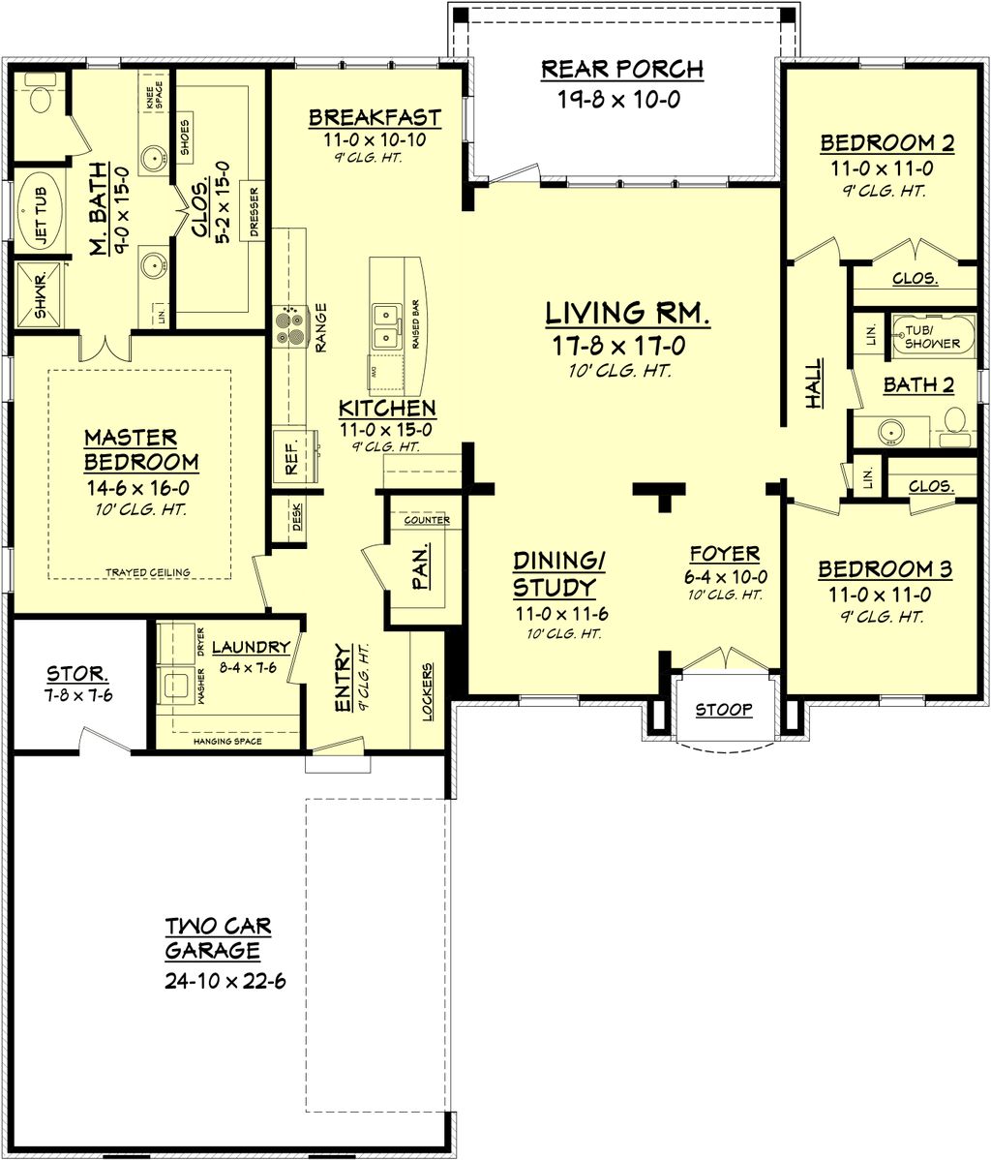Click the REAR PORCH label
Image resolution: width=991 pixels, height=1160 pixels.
[x=621, y=70]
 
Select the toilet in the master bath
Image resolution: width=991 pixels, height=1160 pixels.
[x=40, y=98]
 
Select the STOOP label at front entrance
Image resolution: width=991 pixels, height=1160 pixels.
[x=725, y=710]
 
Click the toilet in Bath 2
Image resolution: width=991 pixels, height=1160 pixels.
[x=955, y=423]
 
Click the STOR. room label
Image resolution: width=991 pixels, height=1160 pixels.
[x=77, y=673]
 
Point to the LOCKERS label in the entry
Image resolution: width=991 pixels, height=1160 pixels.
[x=428, y=691]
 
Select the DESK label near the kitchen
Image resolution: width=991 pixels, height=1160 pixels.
[x=296, y=522]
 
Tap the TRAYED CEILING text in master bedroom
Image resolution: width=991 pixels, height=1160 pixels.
[x=148, y=572]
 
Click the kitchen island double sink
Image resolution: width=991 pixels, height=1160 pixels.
[x=384, y=325]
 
